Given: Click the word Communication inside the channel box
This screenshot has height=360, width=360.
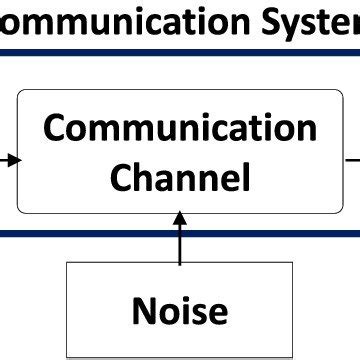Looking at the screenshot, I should (181, 128).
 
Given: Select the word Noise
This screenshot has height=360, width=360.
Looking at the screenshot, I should (180, 310).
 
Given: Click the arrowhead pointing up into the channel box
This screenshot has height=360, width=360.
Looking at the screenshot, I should (180, 219).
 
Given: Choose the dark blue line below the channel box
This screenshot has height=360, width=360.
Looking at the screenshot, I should (180, 233).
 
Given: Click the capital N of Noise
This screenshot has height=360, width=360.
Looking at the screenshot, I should (145, 310).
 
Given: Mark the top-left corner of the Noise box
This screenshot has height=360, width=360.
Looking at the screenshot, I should (67, 263).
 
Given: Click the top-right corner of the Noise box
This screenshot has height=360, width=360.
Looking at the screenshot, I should (293, 263).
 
